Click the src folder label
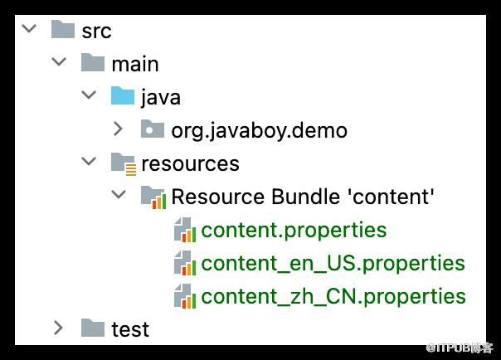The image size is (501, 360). tap(96, 32)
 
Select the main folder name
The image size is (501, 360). tap(135, 64)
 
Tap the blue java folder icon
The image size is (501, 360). tap(123, 95)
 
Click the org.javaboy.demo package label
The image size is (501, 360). tap(259, 131)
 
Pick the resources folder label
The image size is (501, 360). tap(190, 163)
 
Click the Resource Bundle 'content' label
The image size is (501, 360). tap(303, 196)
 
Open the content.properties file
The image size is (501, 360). tap(294, 230)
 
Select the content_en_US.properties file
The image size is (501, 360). tap(333, 263)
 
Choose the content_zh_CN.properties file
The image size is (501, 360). tap(333, 296)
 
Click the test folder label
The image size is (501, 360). tap(130, 329)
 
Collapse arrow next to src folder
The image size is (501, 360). tap(29, 29)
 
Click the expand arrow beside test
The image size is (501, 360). tap(58, 328)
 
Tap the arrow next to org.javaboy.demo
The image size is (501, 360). tap(119, 129)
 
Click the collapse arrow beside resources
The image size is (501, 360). tap(89, 161)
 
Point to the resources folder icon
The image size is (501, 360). tap(124, 164)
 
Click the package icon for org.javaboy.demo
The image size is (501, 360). tap(153, 129)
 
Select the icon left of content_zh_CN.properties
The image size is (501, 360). tap(185, 296)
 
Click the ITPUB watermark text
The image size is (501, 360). tap(460, 348)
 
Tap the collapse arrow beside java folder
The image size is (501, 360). tap(89, 95)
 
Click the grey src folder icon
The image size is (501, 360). tap(63, 29)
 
